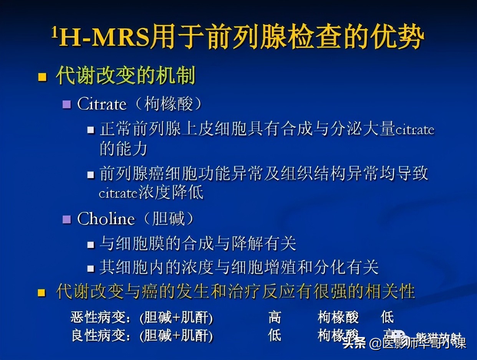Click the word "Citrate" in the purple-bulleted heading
[x=102, y=104]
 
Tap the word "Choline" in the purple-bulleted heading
[x=106, y=219]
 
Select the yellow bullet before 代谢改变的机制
[x=42, y=77]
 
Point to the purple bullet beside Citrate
[x=67, y=104]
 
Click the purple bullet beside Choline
[x=67, y=220]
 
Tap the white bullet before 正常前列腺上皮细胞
[x=91, y=130]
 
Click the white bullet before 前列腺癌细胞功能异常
[x=91, y=175]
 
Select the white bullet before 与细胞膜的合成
[x=91, y=244]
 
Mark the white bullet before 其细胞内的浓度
[x=91, y=268]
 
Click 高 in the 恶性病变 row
[x=275, y=317]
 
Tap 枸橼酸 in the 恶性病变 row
[x=338, y=317]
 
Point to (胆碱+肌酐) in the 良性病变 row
[x=176, y=336]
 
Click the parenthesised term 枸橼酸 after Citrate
[x=169, y=104]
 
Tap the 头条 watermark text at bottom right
[x=354, y=343]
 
